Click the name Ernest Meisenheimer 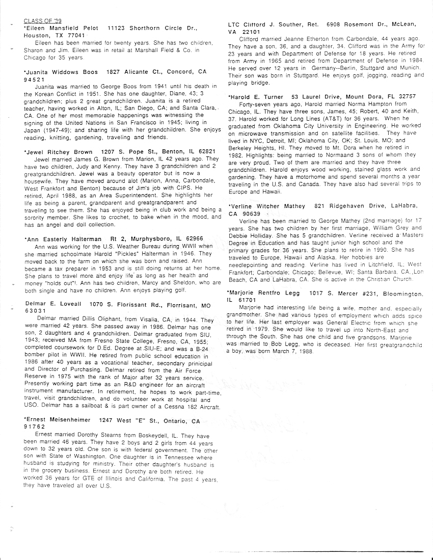[x=58, y=421]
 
